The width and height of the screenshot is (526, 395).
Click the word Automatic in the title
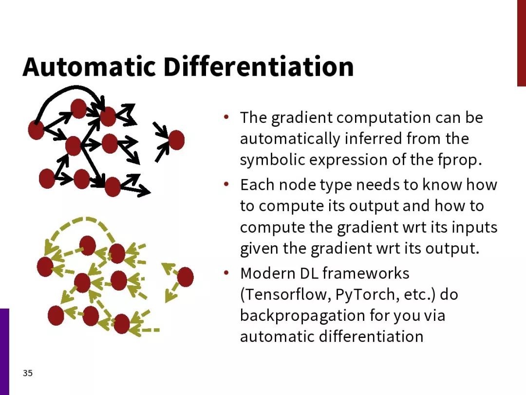89,66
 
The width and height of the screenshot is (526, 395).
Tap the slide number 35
27,373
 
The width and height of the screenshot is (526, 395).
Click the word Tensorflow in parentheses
286,295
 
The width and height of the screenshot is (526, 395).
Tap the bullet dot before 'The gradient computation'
226,117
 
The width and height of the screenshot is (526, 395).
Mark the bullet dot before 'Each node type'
226,184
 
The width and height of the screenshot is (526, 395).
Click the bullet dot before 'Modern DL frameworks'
226,273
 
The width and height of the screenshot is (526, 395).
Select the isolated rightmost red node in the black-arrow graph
176,140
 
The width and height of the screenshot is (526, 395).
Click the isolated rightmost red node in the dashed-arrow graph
185,277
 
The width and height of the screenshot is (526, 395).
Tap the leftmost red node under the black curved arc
36,130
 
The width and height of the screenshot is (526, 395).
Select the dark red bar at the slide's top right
522,43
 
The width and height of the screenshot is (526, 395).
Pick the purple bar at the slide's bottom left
4,352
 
